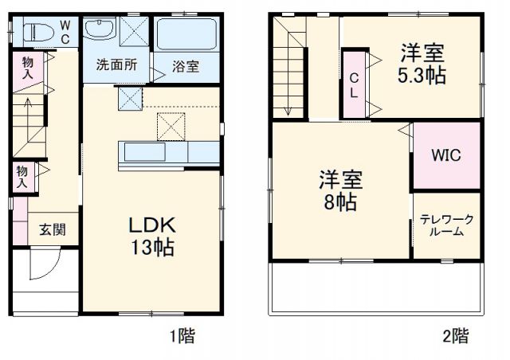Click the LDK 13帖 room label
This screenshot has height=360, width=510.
pos(152,235)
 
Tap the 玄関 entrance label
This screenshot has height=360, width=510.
pos(53,229)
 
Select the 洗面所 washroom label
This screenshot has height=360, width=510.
pos(116,64)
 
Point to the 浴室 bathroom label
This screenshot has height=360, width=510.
pos(186,67)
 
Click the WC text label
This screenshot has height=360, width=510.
pos(65,32)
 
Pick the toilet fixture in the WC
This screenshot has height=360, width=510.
pos(38,33)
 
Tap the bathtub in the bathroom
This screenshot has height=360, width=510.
pos(187,35)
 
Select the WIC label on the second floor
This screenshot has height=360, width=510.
pos(446,156)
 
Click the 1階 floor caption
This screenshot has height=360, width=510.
pos(182,336)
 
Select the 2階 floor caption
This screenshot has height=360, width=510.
pos(456,336)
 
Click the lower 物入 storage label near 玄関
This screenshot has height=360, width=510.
pos(22,176)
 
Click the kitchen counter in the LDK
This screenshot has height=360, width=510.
pos(169,152)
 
